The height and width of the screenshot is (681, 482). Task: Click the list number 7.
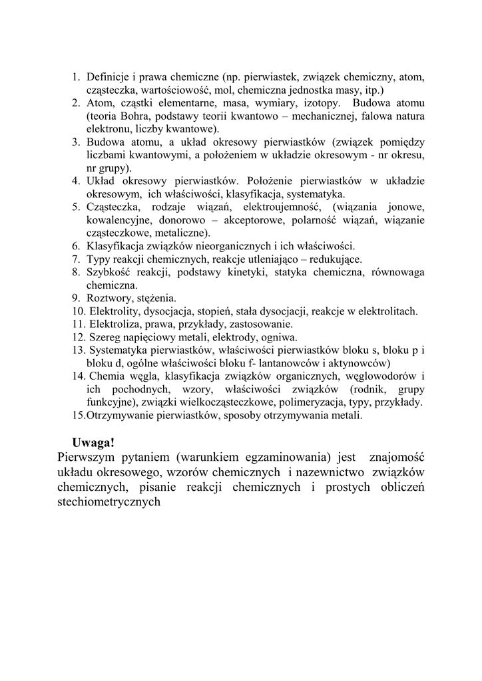click(75, 259)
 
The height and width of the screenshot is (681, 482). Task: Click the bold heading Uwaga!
click(93, 442)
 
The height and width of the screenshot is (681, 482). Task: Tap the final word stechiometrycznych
click(110, 503)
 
